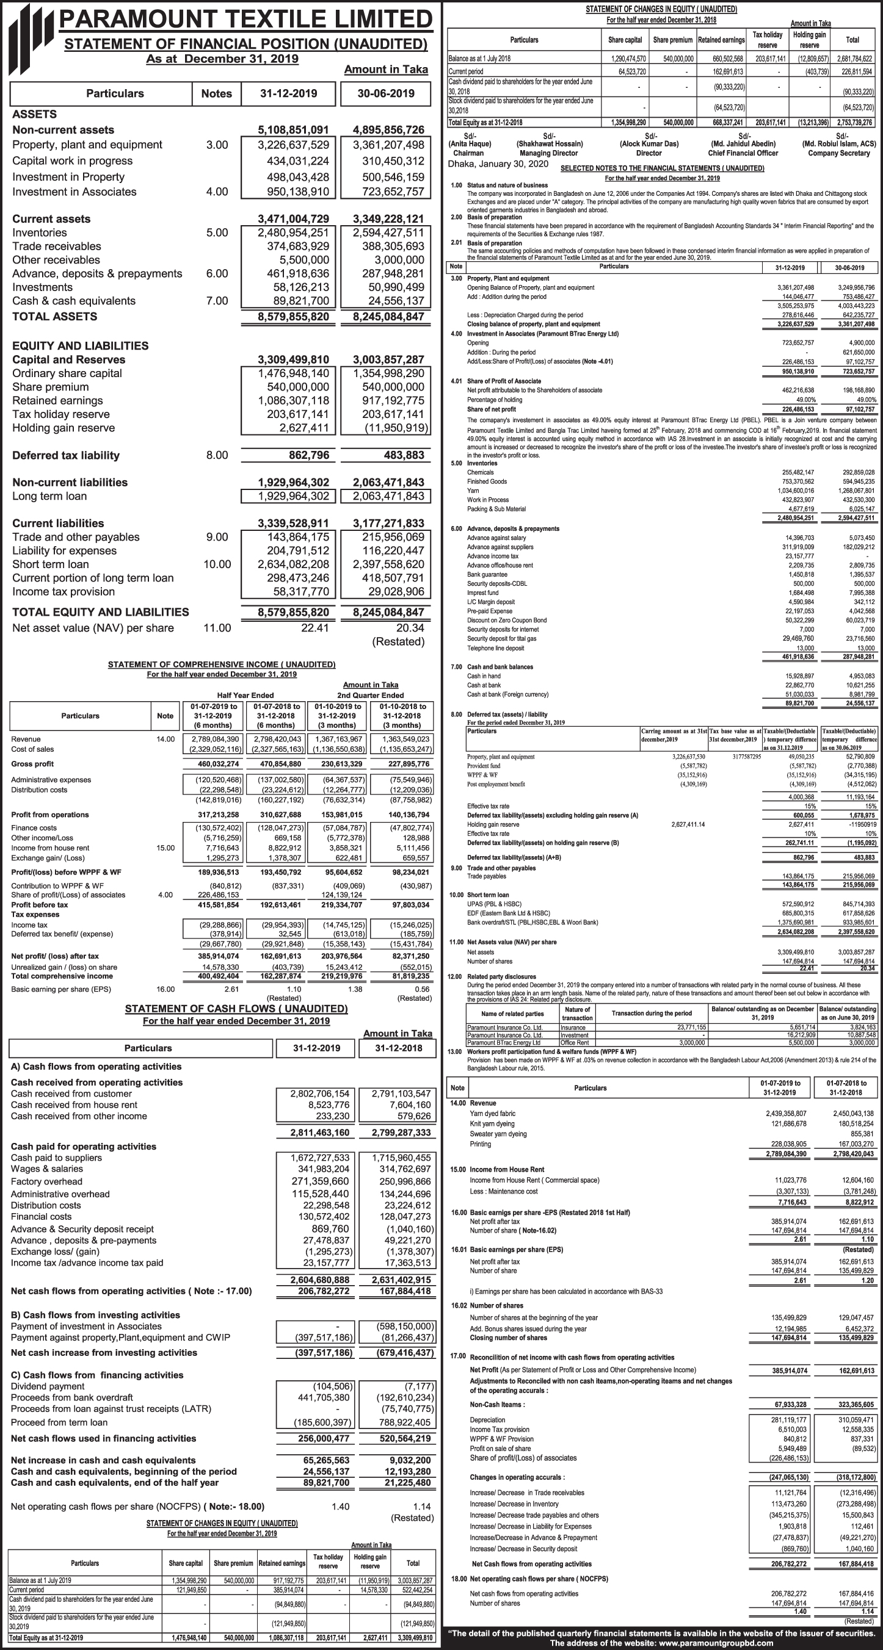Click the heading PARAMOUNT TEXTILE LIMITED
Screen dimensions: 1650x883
(246, 19)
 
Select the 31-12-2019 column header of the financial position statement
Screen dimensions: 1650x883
(288, 93)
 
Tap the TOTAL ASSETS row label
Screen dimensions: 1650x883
(54, 317)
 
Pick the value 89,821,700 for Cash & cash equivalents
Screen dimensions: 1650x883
(298, 301)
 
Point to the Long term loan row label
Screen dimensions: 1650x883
(49, 497)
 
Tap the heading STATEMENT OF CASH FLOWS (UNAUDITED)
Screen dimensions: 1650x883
(236, 1009)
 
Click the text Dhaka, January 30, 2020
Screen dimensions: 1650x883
(498, 164)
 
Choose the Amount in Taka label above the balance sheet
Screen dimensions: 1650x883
(386, 70)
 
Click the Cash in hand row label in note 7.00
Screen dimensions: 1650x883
(484, 676)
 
